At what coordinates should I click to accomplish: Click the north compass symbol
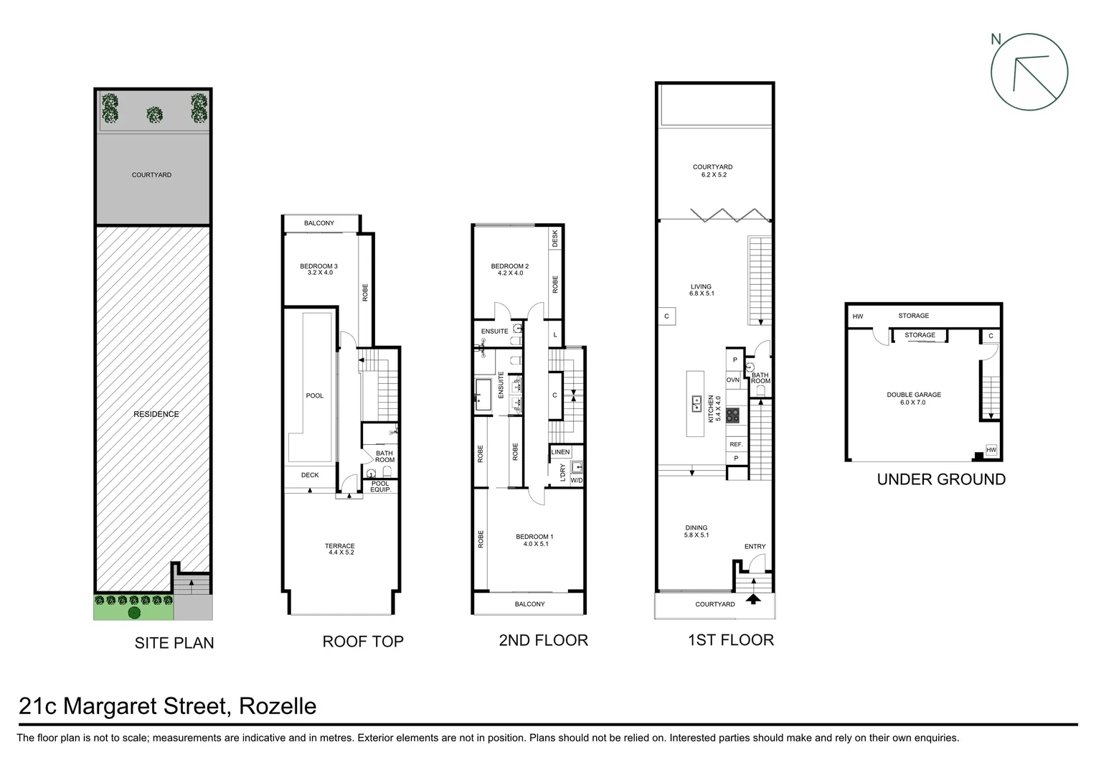(x=1029, y=72)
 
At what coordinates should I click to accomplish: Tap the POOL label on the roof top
(x=315, y=396)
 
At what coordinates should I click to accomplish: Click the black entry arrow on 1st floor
(x=753, y=598)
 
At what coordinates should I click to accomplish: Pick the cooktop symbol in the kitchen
(x=732, y=415)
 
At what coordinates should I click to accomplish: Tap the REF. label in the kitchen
(x=736, y=445)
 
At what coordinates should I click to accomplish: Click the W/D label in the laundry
(x=577, y=480)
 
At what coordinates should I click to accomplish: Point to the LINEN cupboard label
(x=560, y=452)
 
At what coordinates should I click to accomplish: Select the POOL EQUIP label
(x=380, y=487)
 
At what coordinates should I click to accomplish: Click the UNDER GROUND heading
(x=941, y=479)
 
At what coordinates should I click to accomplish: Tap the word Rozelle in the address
(x=278, y=706)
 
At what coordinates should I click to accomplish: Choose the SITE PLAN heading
(x=174, y=643)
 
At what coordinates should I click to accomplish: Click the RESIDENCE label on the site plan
(x=156, y=414)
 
